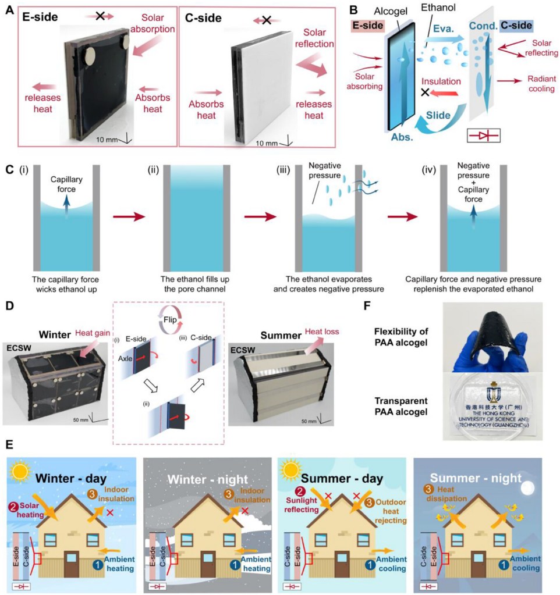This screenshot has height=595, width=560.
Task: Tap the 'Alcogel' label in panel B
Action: click(x=383, y=8)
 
